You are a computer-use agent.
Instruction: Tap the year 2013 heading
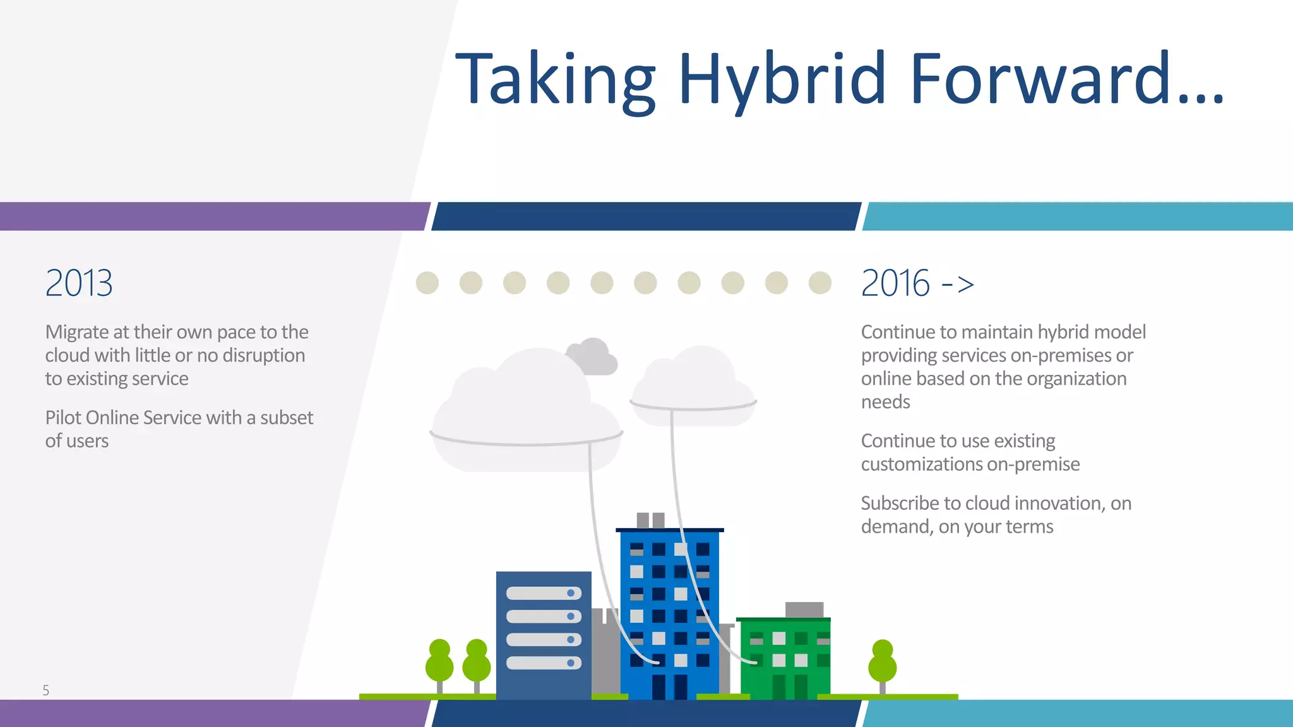coord(79,283)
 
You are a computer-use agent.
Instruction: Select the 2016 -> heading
coord(917,283)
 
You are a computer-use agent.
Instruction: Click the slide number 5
coord(45,690)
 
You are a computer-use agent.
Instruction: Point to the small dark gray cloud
coord(593,357)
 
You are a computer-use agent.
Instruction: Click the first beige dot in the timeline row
coord(427,283)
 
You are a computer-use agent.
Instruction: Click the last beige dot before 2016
coord(819,283)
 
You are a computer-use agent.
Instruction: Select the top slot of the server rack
coord(543,593)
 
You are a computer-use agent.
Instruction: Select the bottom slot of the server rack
coord(543,663)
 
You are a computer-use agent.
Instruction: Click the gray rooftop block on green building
coord(804,610)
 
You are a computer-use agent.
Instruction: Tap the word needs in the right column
coord(885,402)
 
